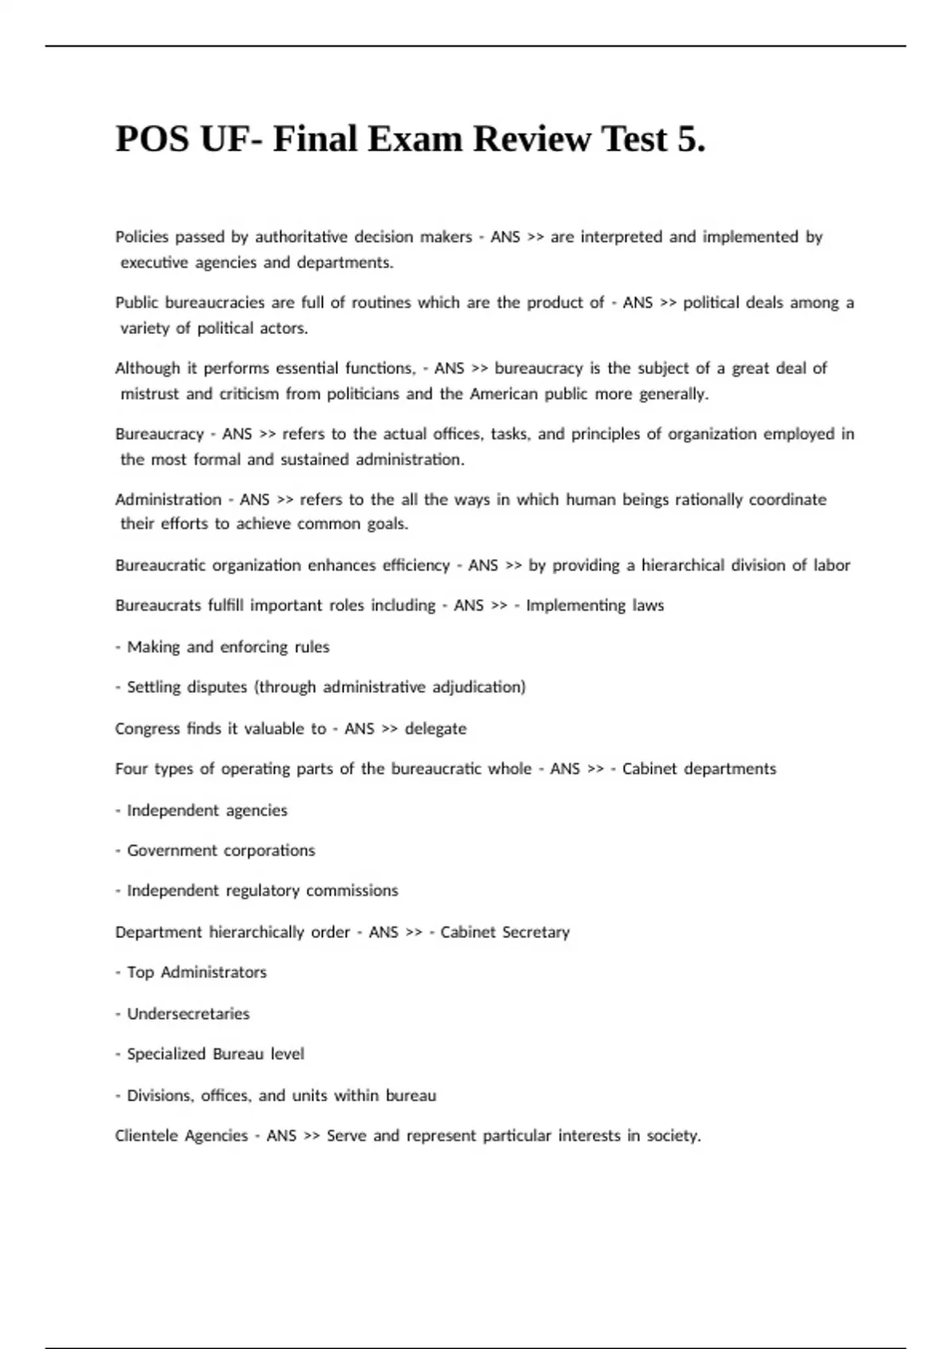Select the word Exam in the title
point(417,140)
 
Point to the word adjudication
point(478,686)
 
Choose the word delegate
point(436,728)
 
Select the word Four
point(131,768)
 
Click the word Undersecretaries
point(188,1013)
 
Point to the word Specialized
point(167,1054)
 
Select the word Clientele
point(148,1136)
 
